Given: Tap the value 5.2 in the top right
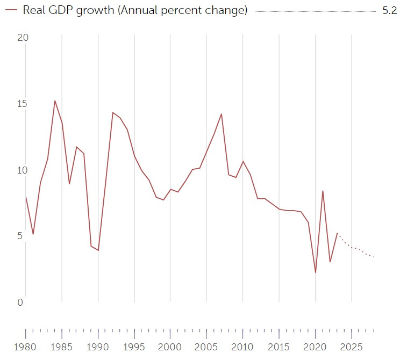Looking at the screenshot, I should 389,11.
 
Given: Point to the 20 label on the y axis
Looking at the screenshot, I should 23,38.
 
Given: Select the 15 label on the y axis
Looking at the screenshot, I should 23,104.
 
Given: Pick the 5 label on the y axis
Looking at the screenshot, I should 20,236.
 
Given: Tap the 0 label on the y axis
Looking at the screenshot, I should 20,302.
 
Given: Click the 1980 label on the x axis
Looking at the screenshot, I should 26,347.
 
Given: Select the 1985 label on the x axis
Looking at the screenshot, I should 62,347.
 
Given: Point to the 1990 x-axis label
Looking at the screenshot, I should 98,347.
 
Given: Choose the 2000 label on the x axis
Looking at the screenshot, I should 170,347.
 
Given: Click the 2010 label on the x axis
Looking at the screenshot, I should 242,347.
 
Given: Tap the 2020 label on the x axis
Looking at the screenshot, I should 315,347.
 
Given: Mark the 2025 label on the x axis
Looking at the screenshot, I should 351,347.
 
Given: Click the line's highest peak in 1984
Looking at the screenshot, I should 55,101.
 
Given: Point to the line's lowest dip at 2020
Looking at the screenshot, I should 316,272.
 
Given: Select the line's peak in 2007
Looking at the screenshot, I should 221,114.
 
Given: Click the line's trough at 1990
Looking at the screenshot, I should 98,250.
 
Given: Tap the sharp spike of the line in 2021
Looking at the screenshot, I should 323,191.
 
